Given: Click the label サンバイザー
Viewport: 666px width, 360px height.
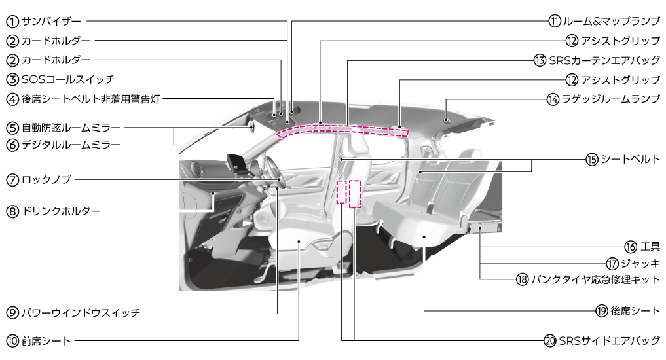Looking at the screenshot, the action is click(x=51, y=20).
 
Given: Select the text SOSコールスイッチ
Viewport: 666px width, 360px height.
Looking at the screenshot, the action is click(x=68, y=79).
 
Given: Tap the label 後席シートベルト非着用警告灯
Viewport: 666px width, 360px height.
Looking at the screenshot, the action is click(x=90, y=99).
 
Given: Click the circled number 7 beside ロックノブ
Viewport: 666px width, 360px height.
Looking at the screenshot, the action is click(x=12, y=180).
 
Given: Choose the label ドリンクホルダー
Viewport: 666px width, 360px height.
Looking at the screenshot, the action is click(x=61, y=211).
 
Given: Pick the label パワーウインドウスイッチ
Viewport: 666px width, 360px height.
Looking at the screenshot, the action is click(x=81, y=314).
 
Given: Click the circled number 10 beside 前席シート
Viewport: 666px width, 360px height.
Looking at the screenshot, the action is click(x=12, y=341).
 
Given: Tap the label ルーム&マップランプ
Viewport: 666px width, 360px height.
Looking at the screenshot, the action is click(x=611, y=20).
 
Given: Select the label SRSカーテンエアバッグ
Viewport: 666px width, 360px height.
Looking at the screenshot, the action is click(x=604, y=60).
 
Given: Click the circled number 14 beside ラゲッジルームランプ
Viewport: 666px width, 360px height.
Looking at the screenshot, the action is click(x=553, y=99).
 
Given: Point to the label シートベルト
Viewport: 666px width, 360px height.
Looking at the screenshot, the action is click(x=631, y=159).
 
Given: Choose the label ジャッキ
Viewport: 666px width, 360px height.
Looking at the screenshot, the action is click(x=640, y=264).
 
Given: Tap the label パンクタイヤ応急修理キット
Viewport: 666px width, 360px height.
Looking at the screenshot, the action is click(x=596, y=279).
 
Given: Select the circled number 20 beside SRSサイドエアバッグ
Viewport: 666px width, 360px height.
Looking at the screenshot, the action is click(x=550, y=341).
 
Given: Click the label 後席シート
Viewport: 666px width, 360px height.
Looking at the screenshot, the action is click(x=635, y=311).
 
